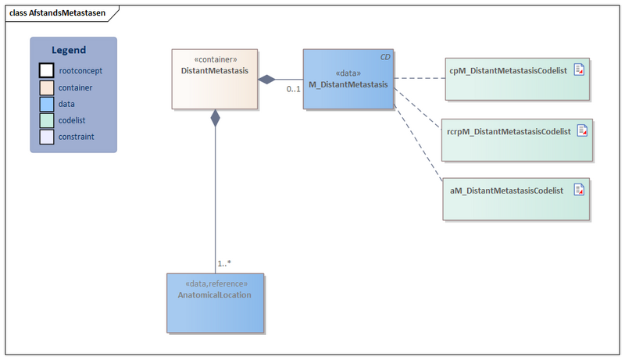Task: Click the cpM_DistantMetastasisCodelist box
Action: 516,78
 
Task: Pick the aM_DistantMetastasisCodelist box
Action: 516,198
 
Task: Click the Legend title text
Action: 73,50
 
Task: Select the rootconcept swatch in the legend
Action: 47,71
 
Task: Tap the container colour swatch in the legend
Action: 47,87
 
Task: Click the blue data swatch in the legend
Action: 47,104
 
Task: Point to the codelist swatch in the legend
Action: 47,120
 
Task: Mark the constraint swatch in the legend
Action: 47,137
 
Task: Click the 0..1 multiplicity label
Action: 293,90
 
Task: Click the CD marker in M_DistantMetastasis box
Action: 385,58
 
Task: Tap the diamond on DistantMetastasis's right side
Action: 267,79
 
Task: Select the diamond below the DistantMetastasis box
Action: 215,118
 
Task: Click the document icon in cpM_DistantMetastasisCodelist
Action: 580,70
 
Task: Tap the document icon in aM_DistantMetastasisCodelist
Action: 579,190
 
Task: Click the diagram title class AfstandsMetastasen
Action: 57,12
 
